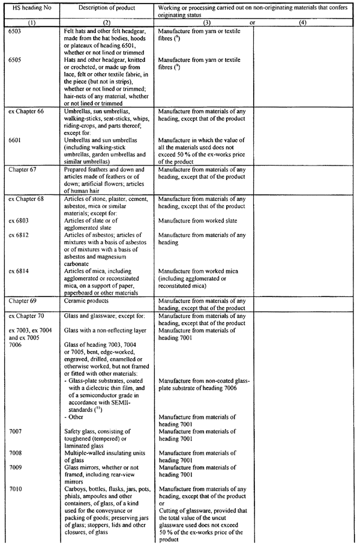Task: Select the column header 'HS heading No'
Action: click(31, 8)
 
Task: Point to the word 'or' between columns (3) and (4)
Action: click(253, 22)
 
